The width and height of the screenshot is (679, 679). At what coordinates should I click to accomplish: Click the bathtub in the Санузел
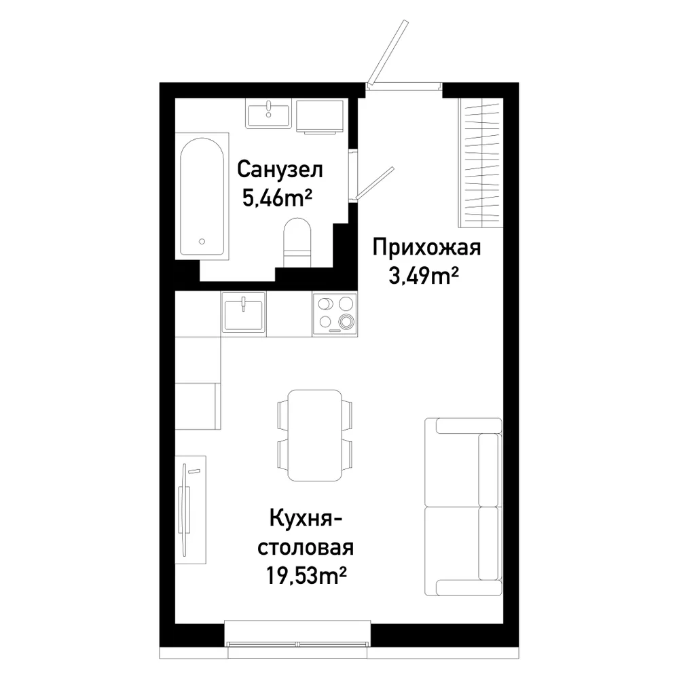tap(202, 197)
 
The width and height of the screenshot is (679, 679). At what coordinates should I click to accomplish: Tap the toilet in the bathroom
tap(297, 243)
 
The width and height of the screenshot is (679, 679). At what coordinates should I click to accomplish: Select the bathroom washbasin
tap(268, 113)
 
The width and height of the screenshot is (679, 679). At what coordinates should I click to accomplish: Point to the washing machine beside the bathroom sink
tap(320, 116)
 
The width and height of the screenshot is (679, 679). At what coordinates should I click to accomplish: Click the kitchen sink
tap(243, 312)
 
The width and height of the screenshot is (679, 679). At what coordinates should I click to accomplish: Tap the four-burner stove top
tap(334, 314)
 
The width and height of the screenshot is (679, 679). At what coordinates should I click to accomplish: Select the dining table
tap(315, 435)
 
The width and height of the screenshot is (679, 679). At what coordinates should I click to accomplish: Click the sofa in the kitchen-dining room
tap(463, 507)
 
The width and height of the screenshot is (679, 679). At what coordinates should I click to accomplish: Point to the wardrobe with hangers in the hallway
tap(481, 163)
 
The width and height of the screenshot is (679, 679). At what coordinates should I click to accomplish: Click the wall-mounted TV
tap(186, 509)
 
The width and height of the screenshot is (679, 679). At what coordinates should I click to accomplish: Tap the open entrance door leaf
tap(388, 52)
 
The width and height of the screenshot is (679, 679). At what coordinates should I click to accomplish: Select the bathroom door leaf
tap(375, 185)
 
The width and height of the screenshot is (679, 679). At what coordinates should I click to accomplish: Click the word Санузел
tap(280, 170)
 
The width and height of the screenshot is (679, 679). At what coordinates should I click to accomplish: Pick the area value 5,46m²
tap(277, 198)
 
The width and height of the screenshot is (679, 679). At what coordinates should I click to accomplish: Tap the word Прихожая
tap(426, 248)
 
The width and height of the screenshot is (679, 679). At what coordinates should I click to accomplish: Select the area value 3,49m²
tap(424, 276)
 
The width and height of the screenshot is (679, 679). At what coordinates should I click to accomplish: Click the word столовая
tap(306, 547)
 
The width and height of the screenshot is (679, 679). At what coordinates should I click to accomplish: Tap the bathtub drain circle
tap(202, 242)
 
